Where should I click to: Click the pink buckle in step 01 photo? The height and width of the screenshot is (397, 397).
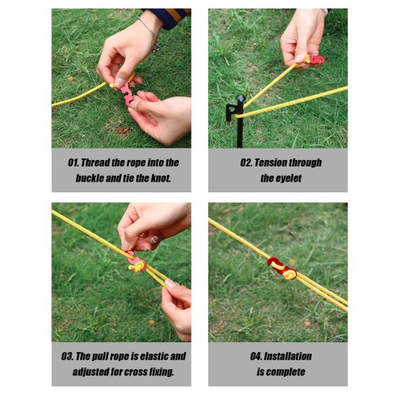click(127, 94)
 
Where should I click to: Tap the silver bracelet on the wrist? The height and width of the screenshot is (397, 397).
click(150, 32)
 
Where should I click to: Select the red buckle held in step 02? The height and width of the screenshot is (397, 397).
click(316, 60)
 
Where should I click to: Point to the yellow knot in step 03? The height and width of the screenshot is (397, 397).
click(138, 267)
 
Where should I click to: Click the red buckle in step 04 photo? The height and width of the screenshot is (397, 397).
click(280, 267)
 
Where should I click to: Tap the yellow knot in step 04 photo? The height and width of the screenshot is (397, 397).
click(290, 275)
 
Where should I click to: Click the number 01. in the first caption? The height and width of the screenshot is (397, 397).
click(73, 163)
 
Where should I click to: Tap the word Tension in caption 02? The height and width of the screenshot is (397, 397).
click(270, 163)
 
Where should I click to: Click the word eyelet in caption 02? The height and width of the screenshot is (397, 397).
click(288, 179)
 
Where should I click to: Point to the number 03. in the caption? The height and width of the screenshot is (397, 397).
click(67, 357)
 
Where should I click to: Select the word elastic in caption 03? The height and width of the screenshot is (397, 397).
click(154, 357)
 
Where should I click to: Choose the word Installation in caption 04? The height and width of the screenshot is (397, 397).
click(287, 357)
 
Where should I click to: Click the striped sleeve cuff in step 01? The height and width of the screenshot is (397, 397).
click(169, 17)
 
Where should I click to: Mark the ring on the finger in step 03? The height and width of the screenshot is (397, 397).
click(154, 240)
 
